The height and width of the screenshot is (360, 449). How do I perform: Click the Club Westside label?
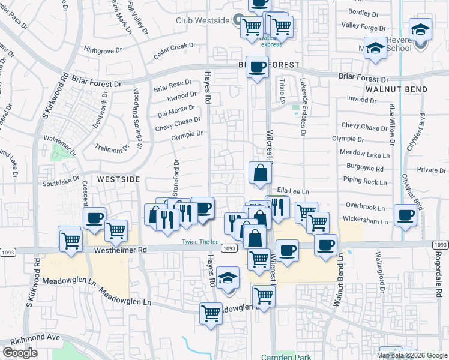(203, 20)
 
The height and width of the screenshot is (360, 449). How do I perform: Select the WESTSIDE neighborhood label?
(118, 179)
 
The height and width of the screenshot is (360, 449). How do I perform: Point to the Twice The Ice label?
(200, 242)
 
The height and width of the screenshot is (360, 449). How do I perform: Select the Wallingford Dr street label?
(381, 273)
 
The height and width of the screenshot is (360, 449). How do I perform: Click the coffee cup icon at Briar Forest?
(258, 67)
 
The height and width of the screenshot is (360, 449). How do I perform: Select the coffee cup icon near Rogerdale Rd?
(405, 215)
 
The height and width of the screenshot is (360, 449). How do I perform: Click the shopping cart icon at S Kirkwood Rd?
(71, 240)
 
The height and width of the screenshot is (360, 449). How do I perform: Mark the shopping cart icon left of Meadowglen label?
(211, 312)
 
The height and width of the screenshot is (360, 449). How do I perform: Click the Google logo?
(20, 353)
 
